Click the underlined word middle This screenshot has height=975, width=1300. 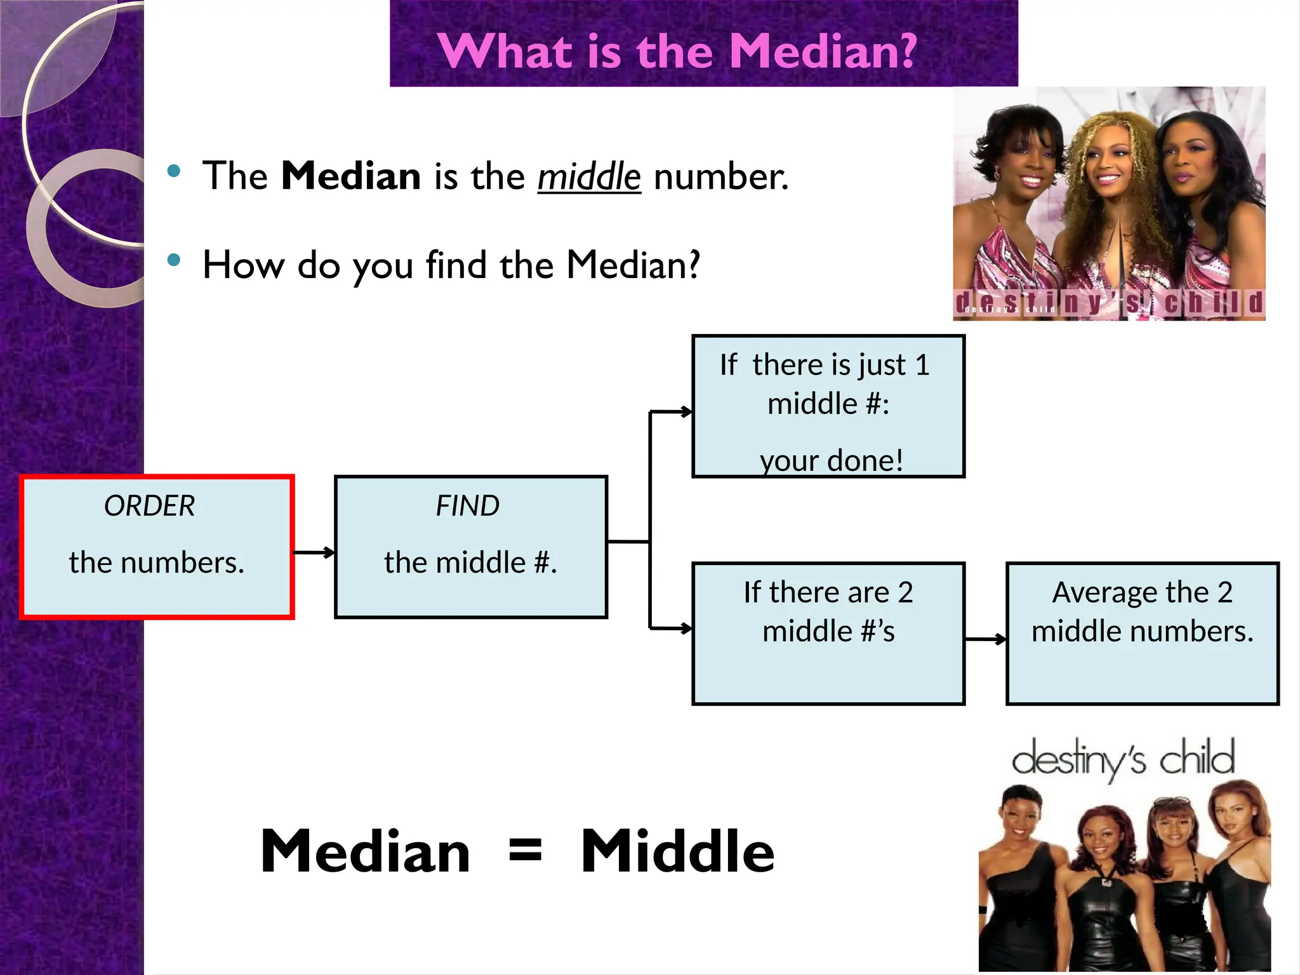tap(589, 176)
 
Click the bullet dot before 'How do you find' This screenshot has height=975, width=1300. tap(173, 260)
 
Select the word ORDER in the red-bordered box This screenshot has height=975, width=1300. tap(150, 506)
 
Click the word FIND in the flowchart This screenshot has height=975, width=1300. tap(468, 506)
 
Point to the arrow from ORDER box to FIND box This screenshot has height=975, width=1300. tap(314, 552)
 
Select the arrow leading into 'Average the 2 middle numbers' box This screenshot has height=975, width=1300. tap(986, 639)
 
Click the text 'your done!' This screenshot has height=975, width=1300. tap(831, 460)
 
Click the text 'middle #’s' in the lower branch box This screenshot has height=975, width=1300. tap(828, 632)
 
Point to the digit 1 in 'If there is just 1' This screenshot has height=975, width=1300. tap(922, 365)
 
